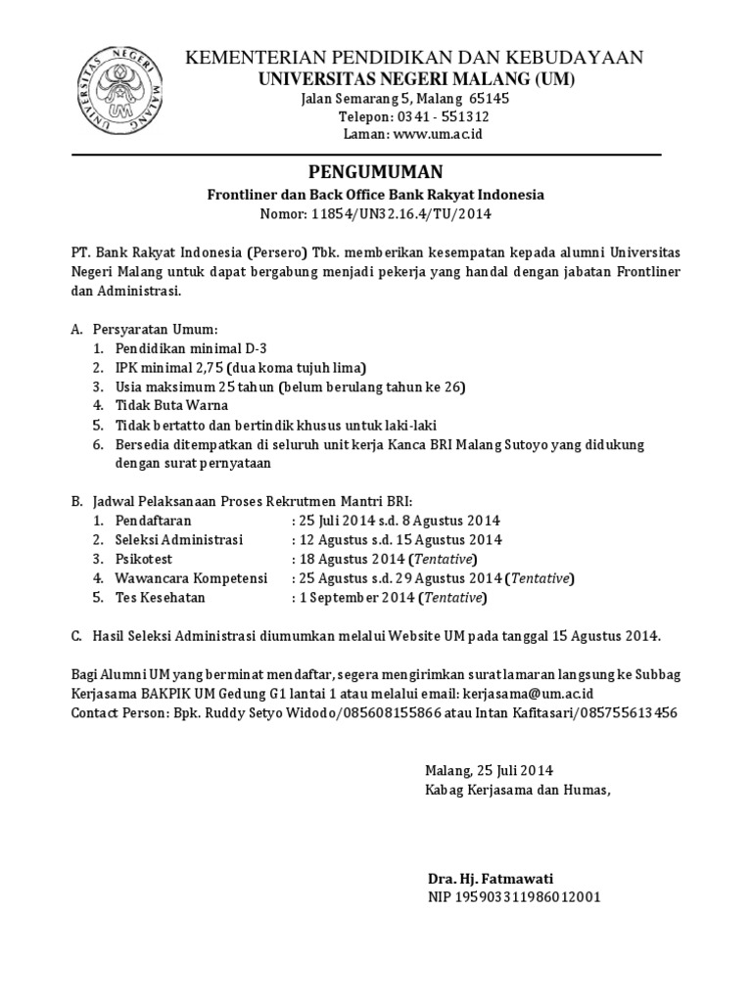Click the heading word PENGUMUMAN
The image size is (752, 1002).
tap(375, 171)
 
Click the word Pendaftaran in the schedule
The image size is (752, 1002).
tap(154, 521)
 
